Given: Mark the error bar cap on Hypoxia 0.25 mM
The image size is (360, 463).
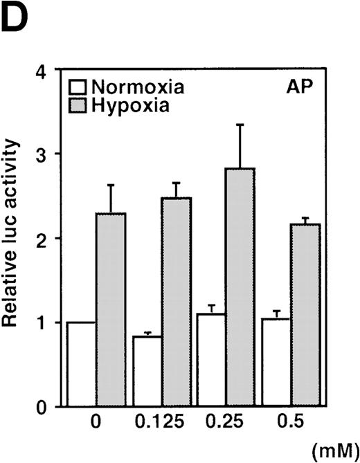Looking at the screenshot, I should pyautogui.click(x=239, y=125).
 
